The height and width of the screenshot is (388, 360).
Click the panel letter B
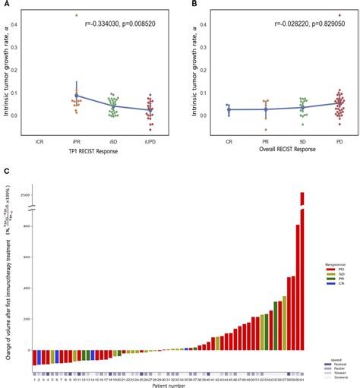pyautogui.click(x=185, y=5)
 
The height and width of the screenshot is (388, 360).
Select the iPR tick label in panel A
pyautogui.click(x=77, y=140)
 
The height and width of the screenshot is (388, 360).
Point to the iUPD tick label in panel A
pyautogui.click(x=151, y=140)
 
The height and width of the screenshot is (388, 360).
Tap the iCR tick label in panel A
pyautogui.click(x=39, y=140)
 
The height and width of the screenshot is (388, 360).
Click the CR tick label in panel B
pyautogui.click(x=228, y=140)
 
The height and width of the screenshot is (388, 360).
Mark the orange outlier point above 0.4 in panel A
pyautogui.click(x=76, y=15)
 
